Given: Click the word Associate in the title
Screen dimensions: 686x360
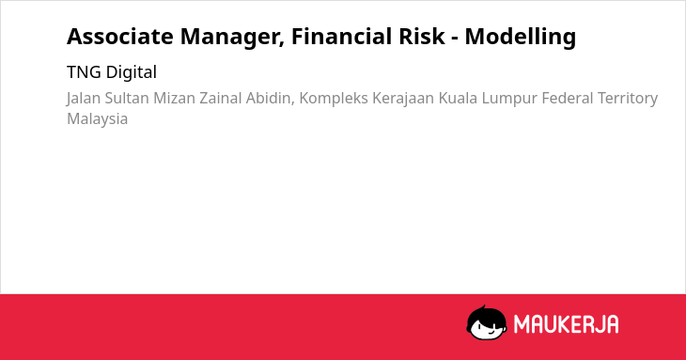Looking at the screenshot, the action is (120, 37).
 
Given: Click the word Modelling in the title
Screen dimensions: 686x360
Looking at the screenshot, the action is (521, 38).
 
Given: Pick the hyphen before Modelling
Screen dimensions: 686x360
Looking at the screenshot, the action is (455, 39).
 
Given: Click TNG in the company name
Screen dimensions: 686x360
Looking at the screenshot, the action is (84, 72).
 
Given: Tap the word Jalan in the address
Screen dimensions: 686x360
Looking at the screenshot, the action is (84, 99).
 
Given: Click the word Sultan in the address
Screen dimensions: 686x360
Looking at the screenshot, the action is (127, 98).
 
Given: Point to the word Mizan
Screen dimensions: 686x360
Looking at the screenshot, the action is (174, 98).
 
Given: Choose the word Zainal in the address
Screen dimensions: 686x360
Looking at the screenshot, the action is (221, 98).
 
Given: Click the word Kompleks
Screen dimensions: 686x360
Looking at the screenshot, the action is (334, 99).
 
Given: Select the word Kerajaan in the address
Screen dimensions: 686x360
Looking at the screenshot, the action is (403, 99).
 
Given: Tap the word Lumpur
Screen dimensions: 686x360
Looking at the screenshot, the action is (509, 99).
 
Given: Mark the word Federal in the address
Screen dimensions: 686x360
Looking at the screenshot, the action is (568, 98).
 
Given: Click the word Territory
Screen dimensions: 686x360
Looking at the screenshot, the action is (628, 99).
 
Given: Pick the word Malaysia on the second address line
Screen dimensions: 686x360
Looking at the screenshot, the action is (97, 119).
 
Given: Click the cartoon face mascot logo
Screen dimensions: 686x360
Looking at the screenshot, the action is (487, 323).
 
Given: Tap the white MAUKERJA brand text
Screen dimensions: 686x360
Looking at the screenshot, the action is (566, 324).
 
